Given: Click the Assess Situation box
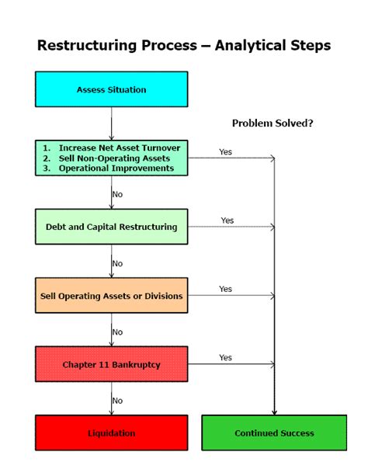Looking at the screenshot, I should (x=111, y=89).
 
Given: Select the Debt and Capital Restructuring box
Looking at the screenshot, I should (x=111, y=228).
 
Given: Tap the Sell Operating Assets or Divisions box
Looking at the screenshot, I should (x=111, y=296).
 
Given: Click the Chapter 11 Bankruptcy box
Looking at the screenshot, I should (x=111, y=364).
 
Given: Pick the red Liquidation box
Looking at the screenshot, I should (x=111, y=433).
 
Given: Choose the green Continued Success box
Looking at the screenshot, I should (x=274, y=433).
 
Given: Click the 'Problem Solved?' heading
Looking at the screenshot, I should (x=273, y=123).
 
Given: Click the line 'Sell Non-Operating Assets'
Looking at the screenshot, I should (x=114, y=158).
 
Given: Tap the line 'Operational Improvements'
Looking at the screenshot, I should (x=114, y=168).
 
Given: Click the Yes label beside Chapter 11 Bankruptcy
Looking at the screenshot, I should (x=225, y=358).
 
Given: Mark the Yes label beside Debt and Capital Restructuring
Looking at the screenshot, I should (x=227, y=221).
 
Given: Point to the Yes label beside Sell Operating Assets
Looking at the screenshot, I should (x=225, y=289).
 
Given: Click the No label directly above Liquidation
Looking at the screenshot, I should (x=117, y=401).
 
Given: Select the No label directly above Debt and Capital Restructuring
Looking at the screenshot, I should (x=117, y=195).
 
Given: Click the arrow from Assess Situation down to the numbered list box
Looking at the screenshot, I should (x=112, y=123).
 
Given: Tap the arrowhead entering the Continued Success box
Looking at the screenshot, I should (x=274, y=412).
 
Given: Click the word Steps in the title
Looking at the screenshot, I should (x=311, y=46).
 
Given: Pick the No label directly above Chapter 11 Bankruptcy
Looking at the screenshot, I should (x=117, y=332).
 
